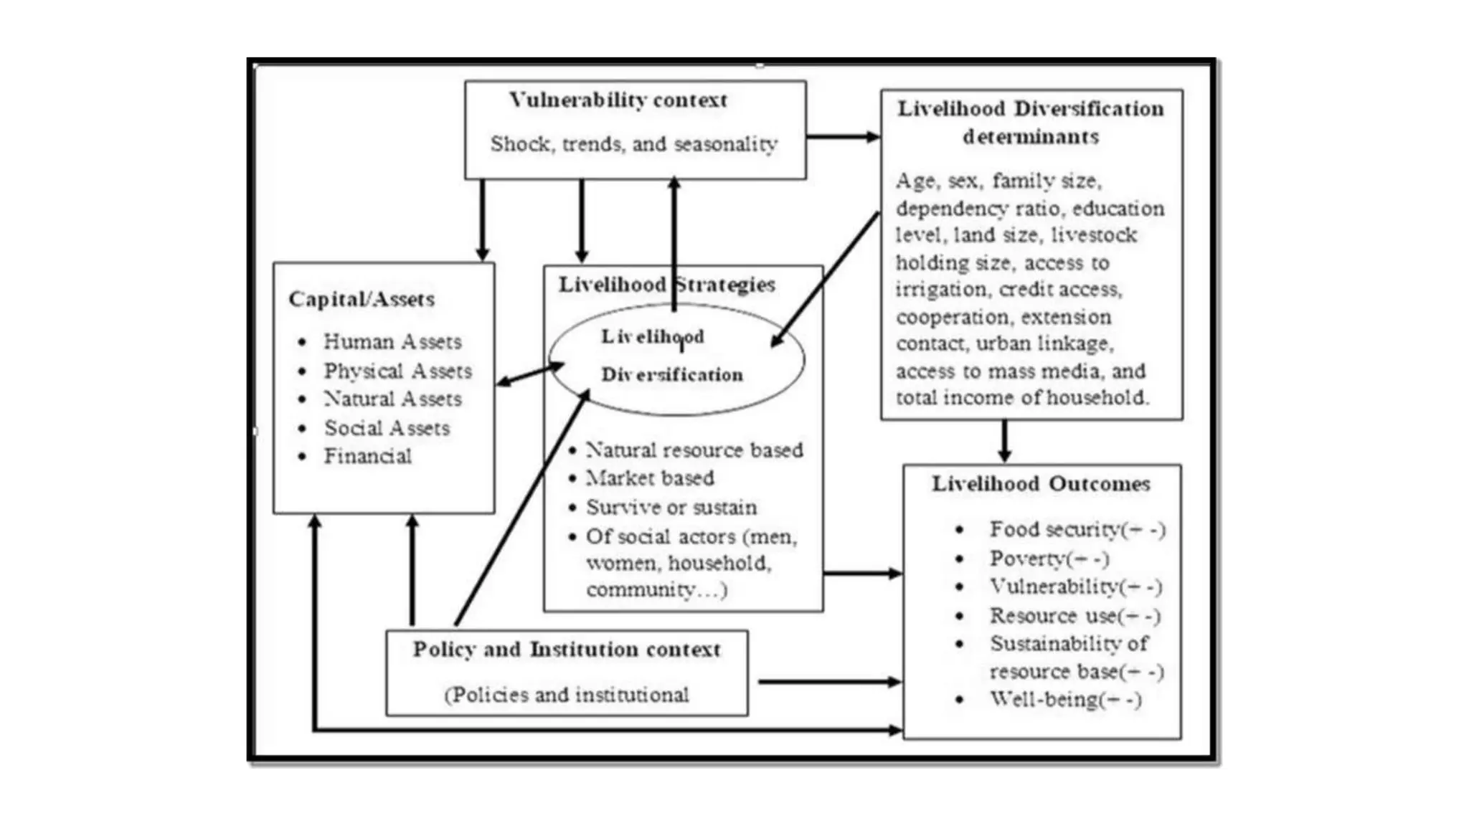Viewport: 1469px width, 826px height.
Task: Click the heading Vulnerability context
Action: click(618, 100)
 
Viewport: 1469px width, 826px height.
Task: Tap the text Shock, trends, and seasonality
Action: click(634, 144)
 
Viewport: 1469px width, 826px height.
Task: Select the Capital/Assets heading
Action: click(362, 299)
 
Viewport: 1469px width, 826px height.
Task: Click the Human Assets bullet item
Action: click(392, 341)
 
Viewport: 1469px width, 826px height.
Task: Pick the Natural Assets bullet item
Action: click(392, 399)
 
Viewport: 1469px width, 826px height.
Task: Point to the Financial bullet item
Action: click(367, 456)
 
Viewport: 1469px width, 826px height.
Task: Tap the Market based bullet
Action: click(650, 478)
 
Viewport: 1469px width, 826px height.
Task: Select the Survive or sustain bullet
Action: click(671, 508)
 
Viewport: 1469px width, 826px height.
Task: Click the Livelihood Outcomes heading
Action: click(1041, 484)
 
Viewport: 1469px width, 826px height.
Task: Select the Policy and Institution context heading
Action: click(566, 650)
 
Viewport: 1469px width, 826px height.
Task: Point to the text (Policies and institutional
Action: click(566, 695)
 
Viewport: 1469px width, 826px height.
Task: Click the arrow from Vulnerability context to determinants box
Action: click(843, 136)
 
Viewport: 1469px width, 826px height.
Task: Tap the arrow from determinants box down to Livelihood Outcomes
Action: click(1004, 441)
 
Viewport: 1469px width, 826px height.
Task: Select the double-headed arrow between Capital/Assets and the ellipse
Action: click(530, 374)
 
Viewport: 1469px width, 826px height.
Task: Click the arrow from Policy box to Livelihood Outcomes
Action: click(829, 682)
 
